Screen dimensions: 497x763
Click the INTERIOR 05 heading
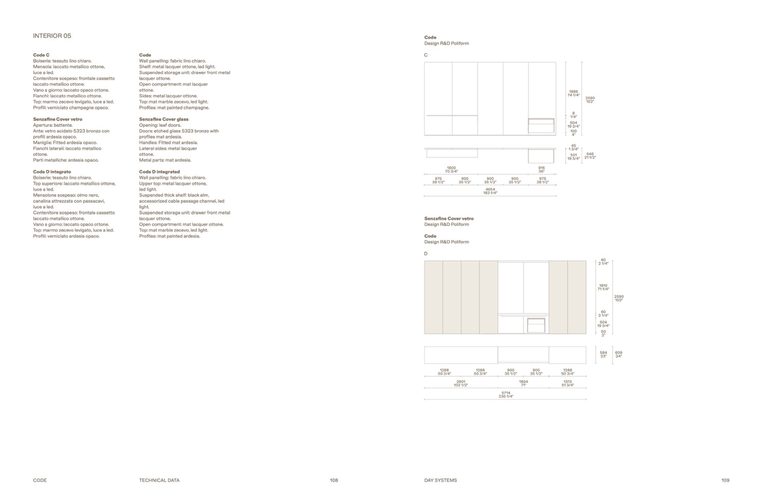pyautogui.click(x=52, y=36)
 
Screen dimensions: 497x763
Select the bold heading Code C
pyautogui.click(x=41, y=55)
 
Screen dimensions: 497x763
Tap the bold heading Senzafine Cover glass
pyautogui.click(x=163, y=119)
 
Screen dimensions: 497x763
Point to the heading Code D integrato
pyautogui.click(x=52, y=172)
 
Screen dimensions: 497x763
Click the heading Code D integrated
pyautogui.click(x=159, y=172)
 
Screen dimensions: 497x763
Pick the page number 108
pyautogui.click(x=334, y=481)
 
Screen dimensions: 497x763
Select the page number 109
pyautogui.click(x=725, y=481)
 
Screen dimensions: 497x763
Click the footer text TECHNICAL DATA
pyautogui.click(x=159, y=481)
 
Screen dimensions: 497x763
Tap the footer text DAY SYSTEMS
pyautogui.click(x=440, y=481)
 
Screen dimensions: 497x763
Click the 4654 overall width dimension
pyautogui.click(x=490, y=191)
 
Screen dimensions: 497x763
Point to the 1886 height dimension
pyautogui.click(x=573, y=93)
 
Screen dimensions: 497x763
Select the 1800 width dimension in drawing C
pyautogui.click(x=451, y=169)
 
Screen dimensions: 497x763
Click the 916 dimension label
pyautogui.click(x=542, y=169)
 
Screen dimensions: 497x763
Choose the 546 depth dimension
pyautogui.click(x=590, y=156)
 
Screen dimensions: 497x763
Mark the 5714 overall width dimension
pyautogui.click(x=506, y=395)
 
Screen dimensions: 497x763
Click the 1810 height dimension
pyautogui.click(x=603, y=287)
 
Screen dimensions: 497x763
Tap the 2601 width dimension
pyautogui.click(x=461, y=383)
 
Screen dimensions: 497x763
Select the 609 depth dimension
pyautogui.click(x=619, y=354)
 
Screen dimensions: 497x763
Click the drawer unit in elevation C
pyautogui.click(x=542, y=126)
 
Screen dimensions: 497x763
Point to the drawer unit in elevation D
pyautogui.click(x=536, y=325)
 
